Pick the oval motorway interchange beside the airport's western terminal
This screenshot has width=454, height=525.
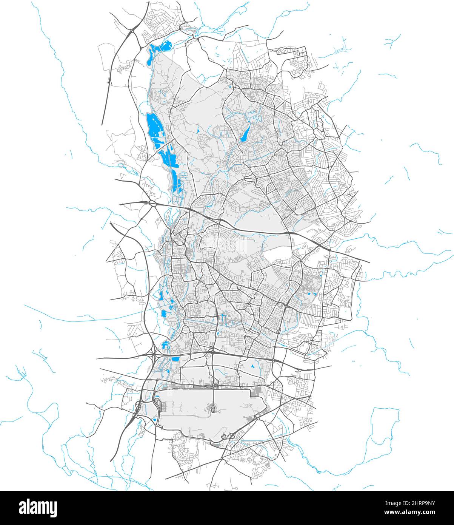tap(139, 408)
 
